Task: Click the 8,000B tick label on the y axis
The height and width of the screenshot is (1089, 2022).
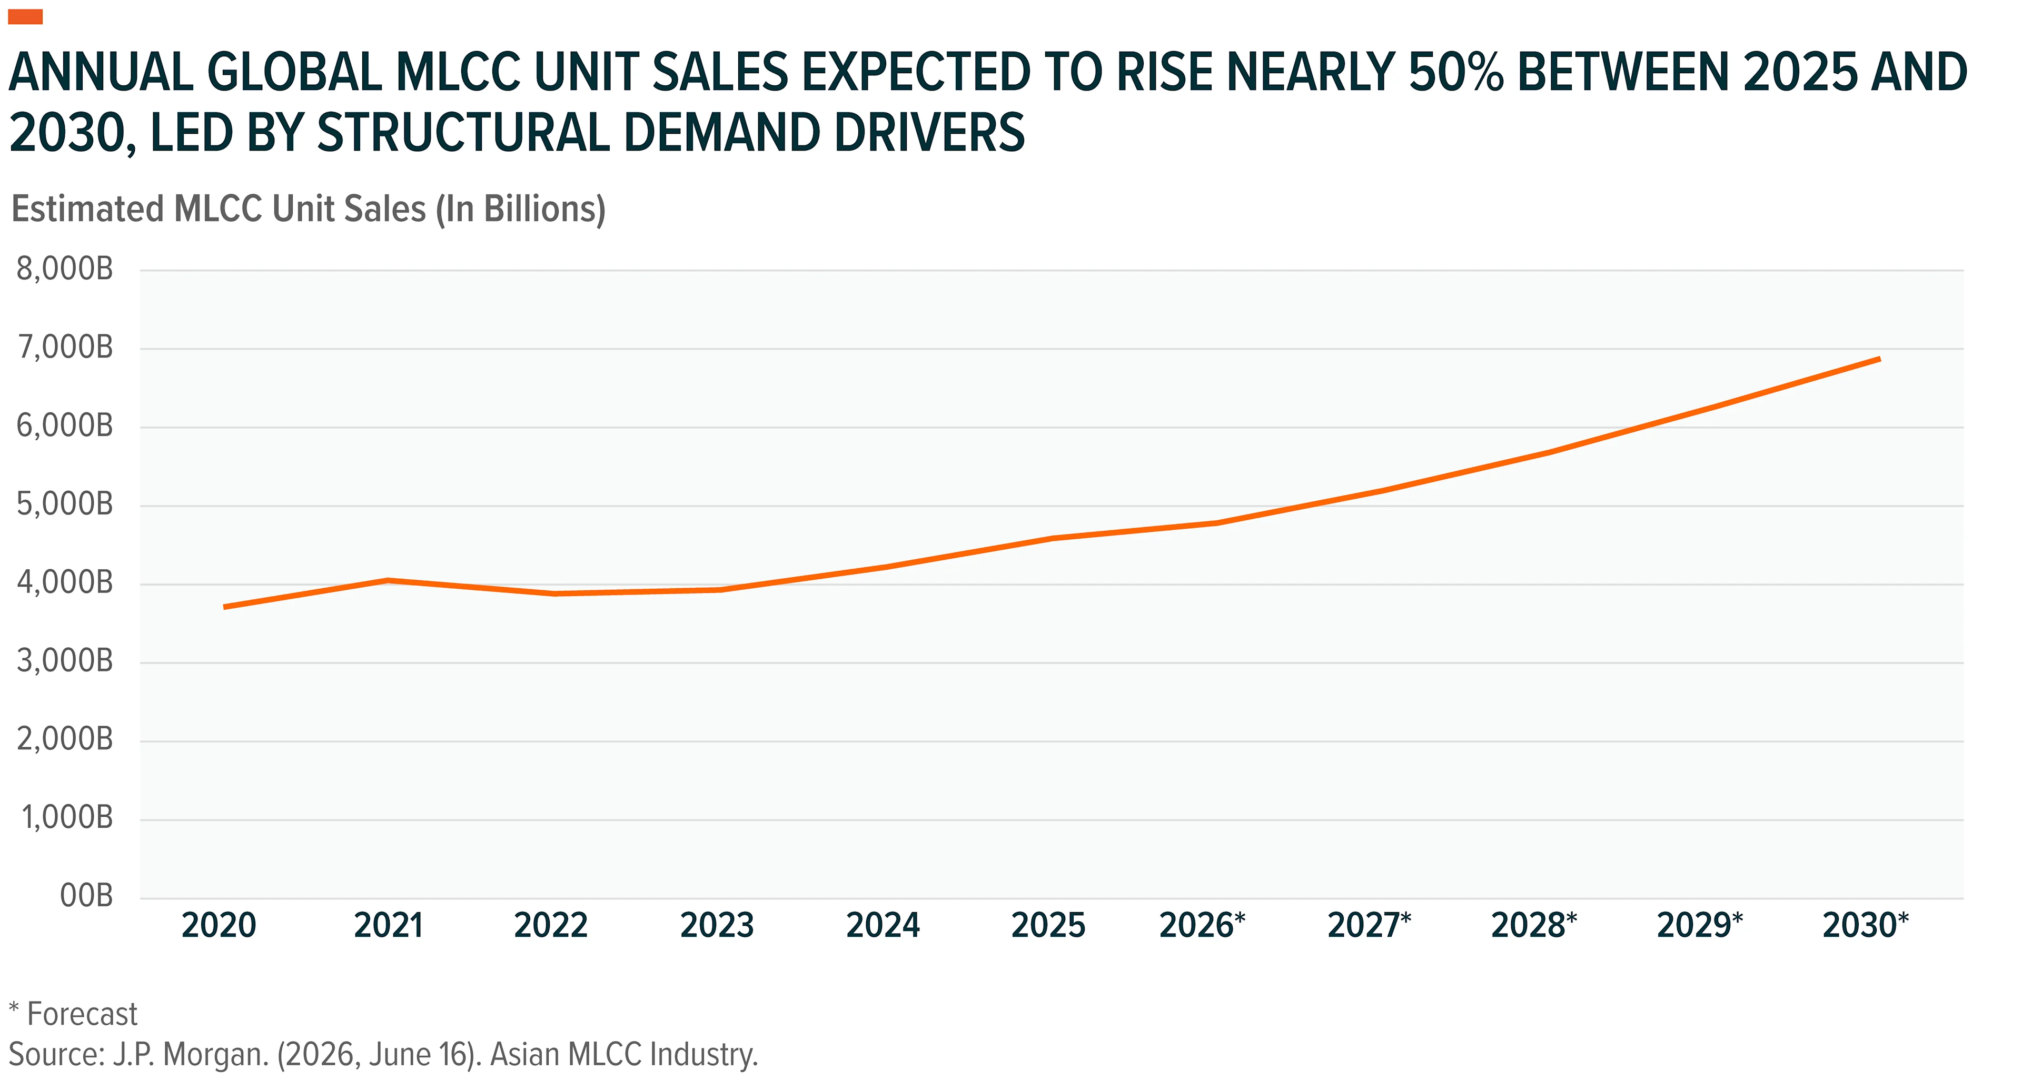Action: tap(65, 269)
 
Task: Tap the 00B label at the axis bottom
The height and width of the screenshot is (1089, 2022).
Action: tap(86, 896)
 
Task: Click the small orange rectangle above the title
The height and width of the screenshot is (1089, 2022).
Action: tap(25, 16)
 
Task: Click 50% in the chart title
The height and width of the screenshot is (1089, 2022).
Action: tap(1456, 72)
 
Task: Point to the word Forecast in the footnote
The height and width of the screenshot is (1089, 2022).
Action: tap(82, 1014)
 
